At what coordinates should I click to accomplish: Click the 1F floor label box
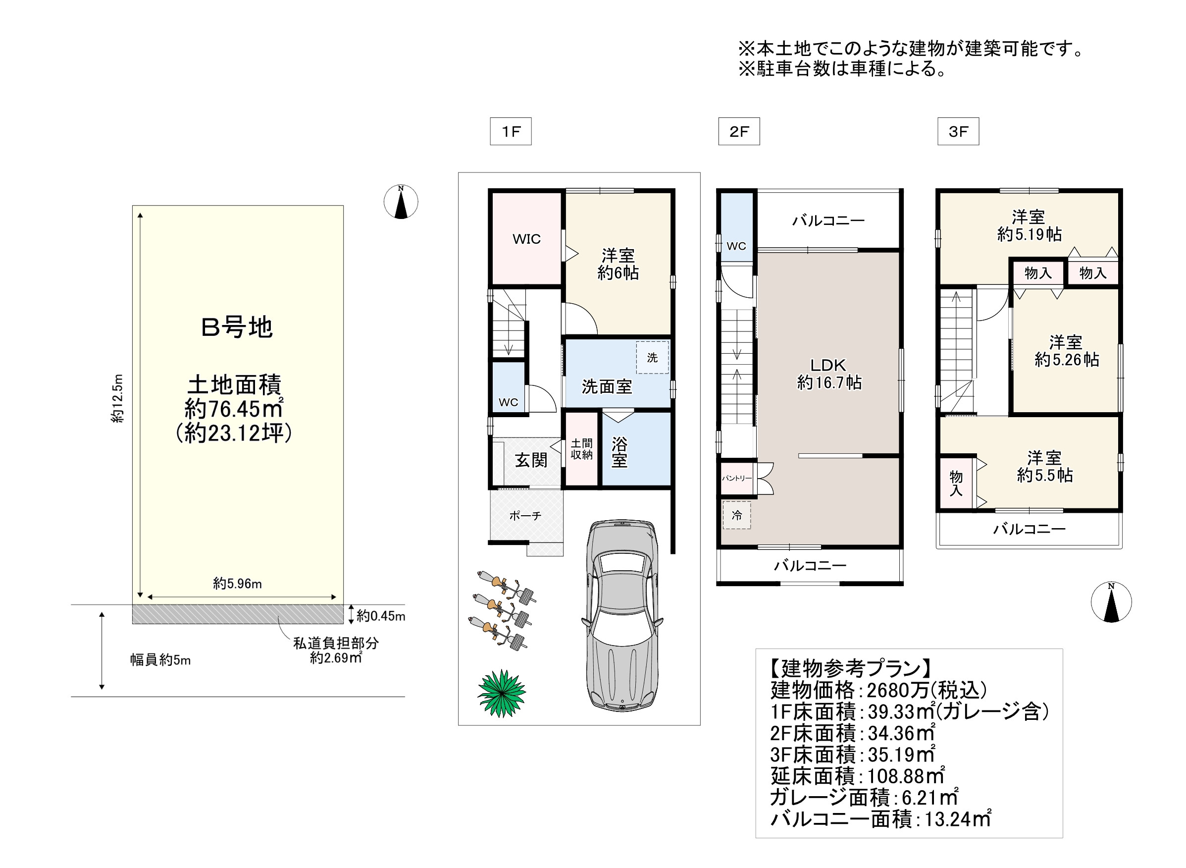[x=510, y=131]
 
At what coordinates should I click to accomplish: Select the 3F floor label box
[x=958, y=131]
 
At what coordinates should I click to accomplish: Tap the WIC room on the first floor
[x=526, y=239]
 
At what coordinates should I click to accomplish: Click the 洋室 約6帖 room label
[x=618, y=264]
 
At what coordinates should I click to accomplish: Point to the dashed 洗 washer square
[x=652, y=357]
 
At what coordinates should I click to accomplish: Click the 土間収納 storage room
[x=581, y=449]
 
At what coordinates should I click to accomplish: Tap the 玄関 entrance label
[x=530, y=460]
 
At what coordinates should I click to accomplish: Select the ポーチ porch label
[x=525, y=515]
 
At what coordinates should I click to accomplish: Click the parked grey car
[x=622, y=615]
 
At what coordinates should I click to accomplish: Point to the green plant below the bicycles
[x=501, y=693]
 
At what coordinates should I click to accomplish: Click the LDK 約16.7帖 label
[x=829, y=374]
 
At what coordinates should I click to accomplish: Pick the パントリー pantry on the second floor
[x=736, y=478]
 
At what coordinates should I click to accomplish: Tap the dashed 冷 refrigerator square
[x=736, y=515]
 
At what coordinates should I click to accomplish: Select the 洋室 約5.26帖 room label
[x=1066, y=351]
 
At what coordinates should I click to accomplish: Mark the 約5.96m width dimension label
[x=237, y=583]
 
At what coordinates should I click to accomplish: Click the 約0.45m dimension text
[x=381, y=616]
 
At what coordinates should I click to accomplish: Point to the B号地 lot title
[x=237, y=327]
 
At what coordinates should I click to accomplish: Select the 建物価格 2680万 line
[x=878, y=690]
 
